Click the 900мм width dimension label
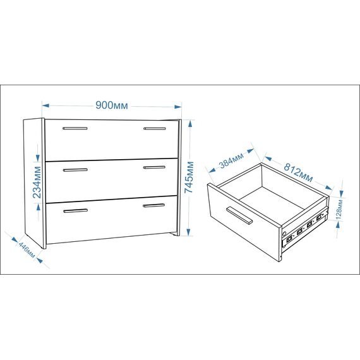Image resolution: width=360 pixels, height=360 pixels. [112, 105]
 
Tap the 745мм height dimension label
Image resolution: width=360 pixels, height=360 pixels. [189, 177]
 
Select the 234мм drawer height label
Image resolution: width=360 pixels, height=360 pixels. [37, 182]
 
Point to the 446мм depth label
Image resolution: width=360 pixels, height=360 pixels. [27, 250]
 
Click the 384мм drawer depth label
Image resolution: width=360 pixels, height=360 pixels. [231, 160]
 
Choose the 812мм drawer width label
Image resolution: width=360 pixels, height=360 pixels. [298, 172]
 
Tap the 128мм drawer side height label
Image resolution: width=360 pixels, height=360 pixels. [340, 210]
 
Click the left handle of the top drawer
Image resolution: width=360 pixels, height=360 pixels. [75, 128]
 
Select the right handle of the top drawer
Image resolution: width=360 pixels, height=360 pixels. [155, 129]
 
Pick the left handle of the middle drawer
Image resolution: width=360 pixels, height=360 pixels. [75, 170]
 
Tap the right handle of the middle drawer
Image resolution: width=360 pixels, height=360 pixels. [154, 167]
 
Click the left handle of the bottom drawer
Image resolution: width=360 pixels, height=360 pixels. [76, 211]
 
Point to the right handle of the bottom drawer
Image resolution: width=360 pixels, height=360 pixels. [154, 205]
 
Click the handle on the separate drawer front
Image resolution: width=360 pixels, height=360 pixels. [239, 215]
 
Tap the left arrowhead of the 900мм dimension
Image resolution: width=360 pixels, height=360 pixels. [45, 105]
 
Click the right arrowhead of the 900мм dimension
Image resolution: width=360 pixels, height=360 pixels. [177, 107]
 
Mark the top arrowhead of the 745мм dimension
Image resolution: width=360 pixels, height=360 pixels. [189, 124]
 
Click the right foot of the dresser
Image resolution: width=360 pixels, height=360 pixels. [176, 234]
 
